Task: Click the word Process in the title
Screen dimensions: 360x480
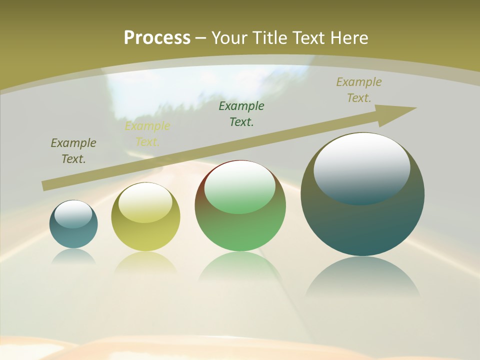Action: click(157, 37)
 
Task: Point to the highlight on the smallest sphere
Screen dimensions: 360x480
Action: click(73, 214)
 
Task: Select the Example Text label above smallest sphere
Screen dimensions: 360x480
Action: click(73, 151)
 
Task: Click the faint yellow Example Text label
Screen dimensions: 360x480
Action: click(147, 134)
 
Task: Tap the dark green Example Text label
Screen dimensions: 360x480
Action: click(241, 113)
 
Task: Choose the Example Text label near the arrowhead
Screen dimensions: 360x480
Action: click(358, 90)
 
